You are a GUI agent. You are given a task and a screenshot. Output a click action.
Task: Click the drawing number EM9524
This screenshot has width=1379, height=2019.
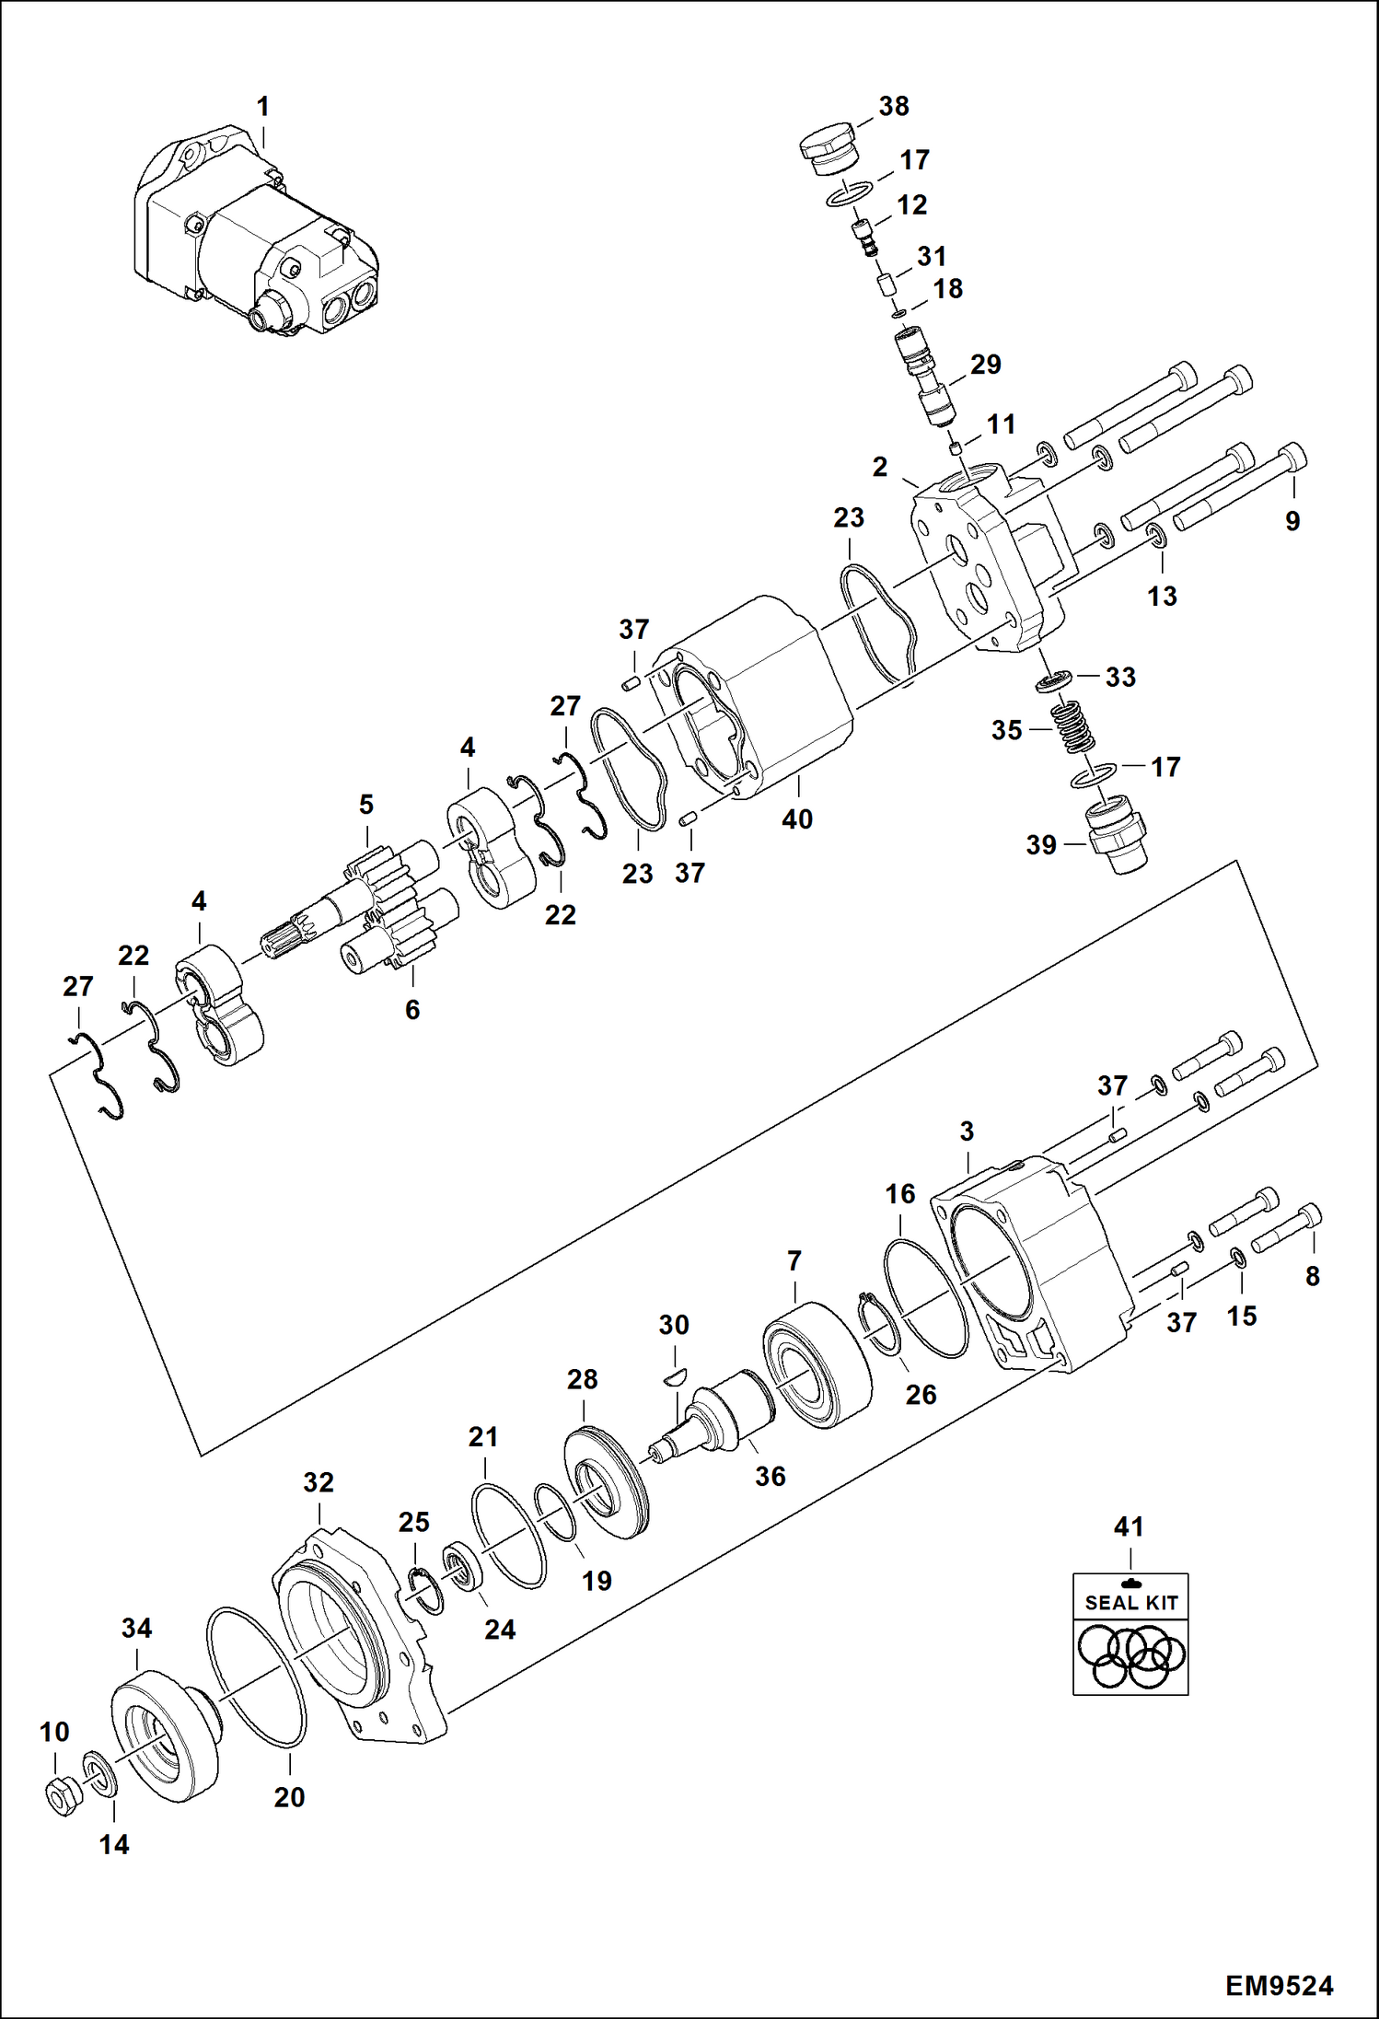click(1279, 1985)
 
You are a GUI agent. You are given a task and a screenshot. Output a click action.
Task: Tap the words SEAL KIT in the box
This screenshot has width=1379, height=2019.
click(1130, 1602)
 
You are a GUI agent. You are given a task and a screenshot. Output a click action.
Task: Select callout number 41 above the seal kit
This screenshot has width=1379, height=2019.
click(1129, 1526)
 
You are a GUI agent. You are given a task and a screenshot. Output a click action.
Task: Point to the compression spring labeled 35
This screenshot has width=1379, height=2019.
click(1074, 726)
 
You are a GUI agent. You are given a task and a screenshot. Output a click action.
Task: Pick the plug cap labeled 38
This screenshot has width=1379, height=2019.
click(826, 150)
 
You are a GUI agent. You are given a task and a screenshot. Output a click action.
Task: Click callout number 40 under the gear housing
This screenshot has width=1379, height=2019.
click(797, 818)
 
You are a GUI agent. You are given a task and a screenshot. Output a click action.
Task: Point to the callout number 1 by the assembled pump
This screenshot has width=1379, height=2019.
click(263, 107)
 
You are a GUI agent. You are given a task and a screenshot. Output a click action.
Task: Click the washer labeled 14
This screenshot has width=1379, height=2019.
click(100, 1774)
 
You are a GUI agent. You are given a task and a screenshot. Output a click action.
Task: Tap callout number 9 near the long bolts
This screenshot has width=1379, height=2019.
click(1292, 521)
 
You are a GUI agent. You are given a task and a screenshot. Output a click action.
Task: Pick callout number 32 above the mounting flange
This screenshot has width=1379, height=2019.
click(319, 1482)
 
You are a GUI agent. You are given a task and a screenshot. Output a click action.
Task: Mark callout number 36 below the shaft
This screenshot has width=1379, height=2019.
click(771, 1476)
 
